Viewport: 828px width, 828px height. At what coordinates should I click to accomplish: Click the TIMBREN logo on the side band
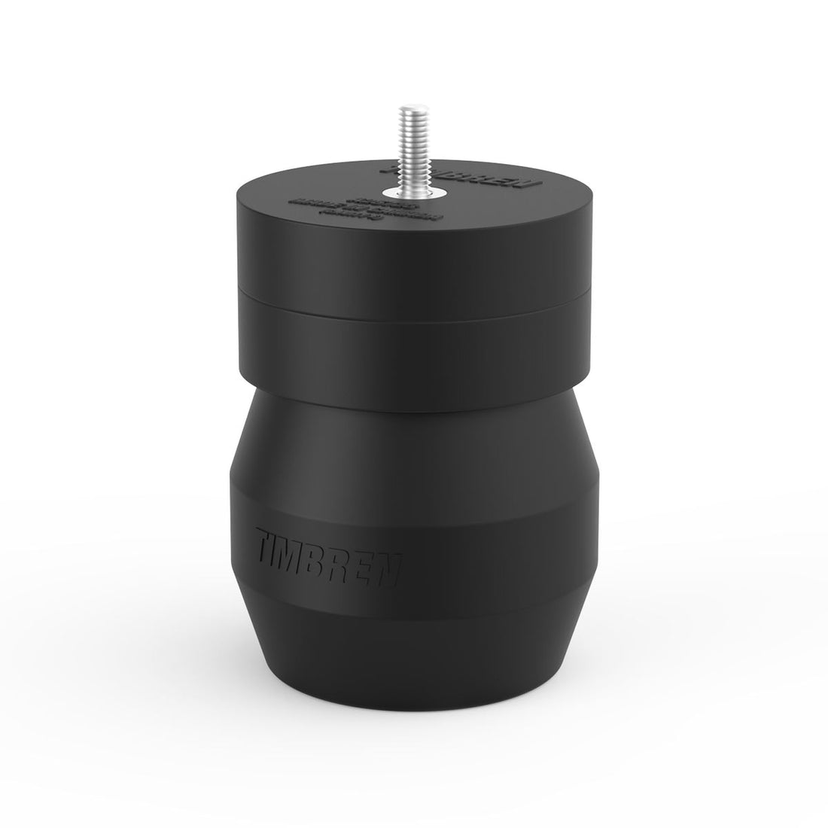[x=327, y=549]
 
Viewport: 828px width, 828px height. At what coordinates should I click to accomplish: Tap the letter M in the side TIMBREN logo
[x=301, y=544]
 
